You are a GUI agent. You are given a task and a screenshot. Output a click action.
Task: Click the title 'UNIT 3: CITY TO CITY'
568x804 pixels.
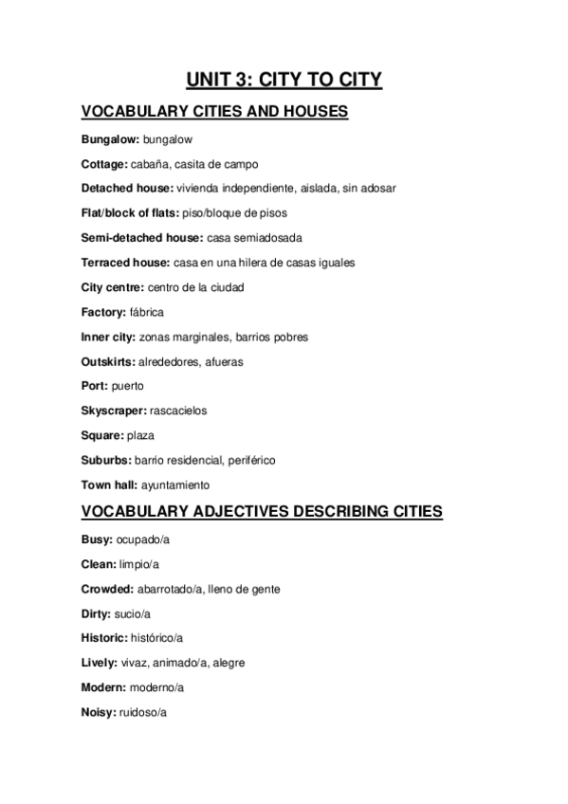[284, 80]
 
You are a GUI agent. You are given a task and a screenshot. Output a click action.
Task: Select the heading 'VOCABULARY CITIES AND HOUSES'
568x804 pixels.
[215, 113]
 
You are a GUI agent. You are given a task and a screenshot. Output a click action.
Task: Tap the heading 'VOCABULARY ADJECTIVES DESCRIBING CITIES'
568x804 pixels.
[261, 513]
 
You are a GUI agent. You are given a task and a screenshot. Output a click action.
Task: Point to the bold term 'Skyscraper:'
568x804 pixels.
[114, 411]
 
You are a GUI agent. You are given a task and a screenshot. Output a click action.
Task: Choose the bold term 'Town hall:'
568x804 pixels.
[109, 485]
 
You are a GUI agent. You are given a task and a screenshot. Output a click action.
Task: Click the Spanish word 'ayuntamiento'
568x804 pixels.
[175, 485]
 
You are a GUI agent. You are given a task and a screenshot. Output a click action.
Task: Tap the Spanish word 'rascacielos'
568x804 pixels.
[178, 411]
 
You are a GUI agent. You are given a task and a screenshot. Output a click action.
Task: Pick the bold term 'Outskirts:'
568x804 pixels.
[108, 362]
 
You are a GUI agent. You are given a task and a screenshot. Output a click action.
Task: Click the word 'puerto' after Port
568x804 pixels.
[128, 387]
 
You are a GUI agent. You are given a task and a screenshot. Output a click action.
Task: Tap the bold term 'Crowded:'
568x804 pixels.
[107, 589]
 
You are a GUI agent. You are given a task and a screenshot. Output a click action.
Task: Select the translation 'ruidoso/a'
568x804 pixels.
[143, 712]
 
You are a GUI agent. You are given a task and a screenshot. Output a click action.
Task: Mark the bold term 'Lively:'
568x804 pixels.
[101, 663]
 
